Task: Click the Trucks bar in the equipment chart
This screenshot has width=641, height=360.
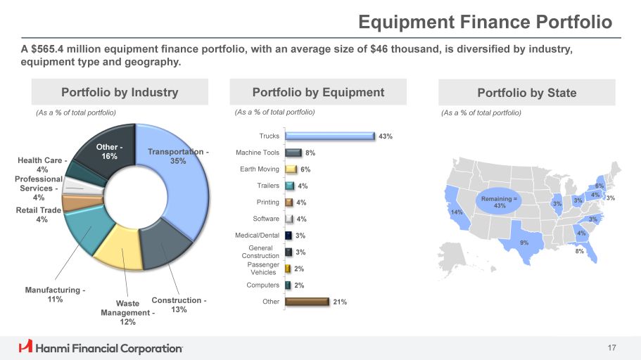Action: tap(329, 136)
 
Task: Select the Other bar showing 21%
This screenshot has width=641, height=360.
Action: tap(307, 302)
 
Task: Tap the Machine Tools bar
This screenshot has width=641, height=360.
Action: tap(294, 153)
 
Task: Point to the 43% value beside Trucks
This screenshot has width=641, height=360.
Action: tap(385, 136)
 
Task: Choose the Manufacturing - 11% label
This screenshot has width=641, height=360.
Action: tap(55, 294)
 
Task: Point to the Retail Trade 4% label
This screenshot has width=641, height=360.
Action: tap(42, 214)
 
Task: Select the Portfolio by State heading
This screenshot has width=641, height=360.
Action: tap(526, 93)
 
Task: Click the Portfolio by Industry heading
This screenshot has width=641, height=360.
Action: tap(120, 92)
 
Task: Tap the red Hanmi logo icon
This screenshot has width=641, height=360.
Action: tap(25, 347)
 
